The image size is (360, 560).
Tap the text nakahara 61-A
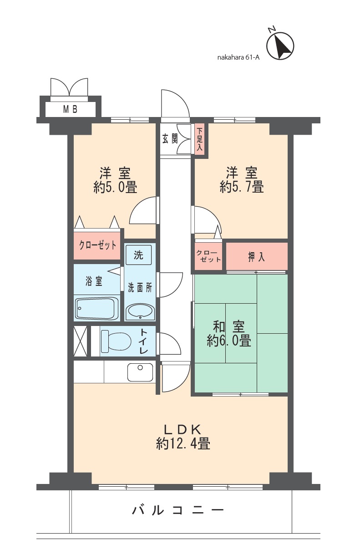coord(238,57)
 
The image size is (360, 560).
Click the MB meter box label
coord(70,109)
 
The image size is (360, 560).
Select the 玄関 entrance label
coord(170,139)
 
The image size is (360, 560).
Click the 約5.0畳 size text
coord(115,188)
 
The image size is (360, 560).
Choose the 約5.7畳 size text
coord(242,187)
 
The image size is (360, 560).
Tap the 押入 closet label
coord(256,257)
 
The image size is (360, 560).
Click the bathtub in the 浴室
coord(96,309)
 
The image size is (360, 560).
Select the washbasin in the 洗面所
coord(140,312)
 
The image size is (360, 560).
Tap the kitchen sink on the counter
coord(140,372)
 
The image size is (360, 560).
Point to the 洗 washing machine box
coord(138,255)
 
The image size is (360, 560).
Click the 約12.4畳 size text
coord(183,443)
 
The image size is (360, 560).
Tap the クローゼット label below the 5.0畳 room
coord(97,245)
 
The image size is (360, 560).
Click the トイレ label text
coord(144,341)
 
